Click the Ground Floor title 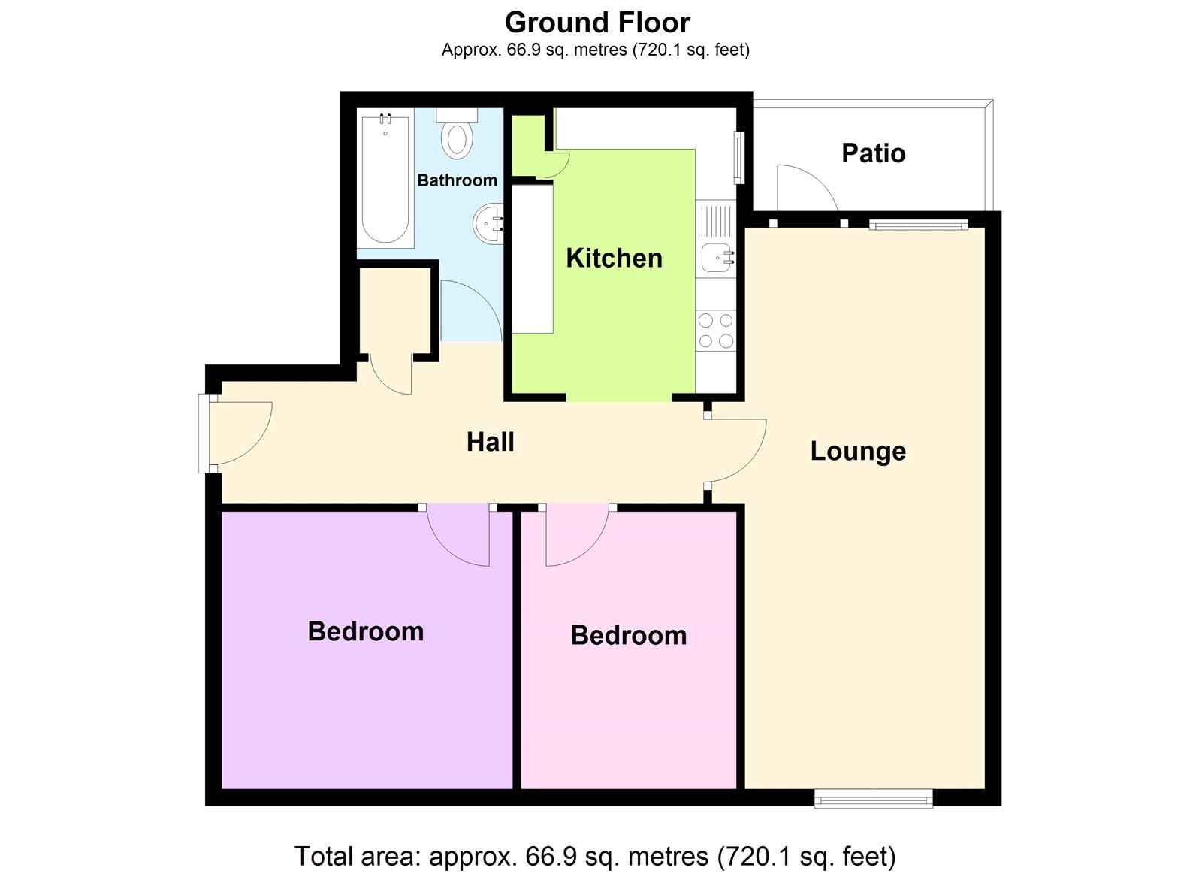coord(597,23)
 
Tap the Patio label coord(873,153)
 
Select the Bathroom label coord(457,180)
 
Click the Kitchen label coord(614,258)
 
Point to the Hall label coord(491,442)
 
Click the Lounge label coord(858,451)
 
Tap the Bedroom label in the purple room coord(366,631)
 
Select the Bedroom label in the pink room coord(629,635)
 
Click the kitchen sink coord(717,258)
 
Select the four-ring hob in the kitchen coord(715,331)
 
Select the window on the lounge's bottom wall coord(874,798)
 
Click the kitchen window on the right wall coord(738,158)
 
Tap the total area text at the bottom coord(595,856)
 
